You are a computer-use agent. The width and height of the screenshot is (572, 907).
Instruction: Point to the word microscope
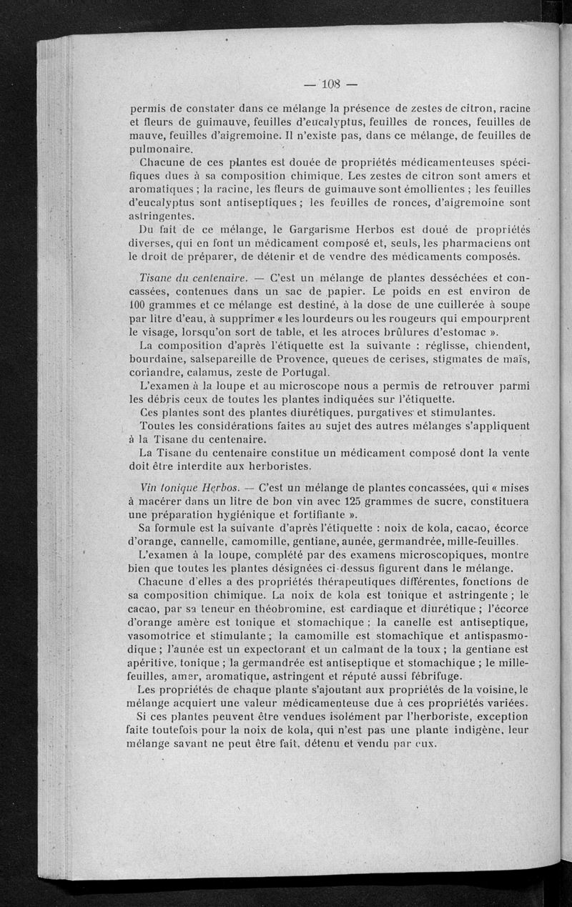click(275, 387)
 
